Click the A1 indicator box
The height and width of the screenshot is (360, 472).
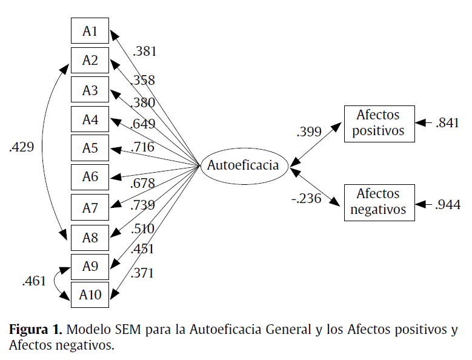90,31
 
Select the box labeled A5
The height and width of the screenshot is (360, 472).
90,148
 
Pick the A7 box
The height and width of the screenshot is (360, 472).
90,207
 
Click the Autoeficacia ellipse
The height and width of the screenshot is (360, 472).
243,165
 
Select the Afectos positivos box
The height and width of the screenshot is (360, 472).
379,124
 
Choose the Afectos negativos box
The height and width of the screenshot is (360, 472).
379,202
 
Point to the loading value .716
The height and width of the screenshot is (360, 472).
142,147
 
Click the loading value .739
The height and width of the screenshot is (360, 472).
142,205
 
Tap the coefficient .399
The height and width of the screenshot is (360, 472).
308,132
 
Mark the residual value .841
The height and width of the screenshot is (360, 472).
447,124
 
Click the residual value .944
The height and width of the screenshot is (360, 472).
447,204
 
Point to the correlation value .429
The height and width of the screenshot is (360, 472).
22,147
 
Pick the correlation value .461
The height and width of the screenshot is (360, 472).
34,281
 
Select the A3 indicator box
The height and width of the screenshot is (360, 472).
90,90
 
